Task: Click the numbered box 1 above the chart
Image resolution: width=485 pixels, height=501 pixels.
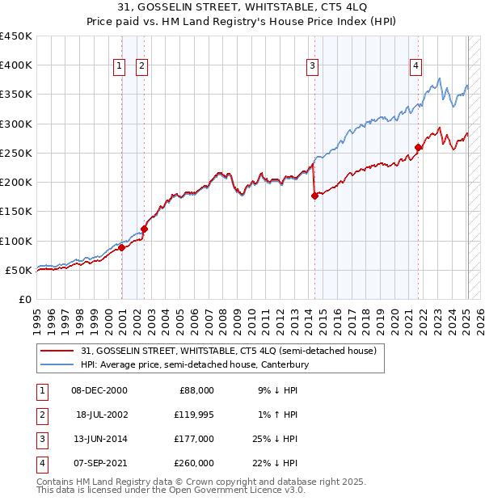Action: point(119,66)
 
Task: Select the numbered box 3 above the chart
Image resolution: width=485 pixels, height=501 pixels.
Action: point(312,66)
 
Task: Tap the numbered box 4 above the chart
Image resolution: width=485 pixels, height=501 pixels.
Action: point(415,66)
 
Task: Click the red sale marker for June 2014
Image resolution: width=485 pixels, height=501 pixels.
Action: point(314,196)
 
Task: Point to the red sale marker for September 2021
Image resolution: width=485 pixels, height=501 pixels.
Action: point(418,147)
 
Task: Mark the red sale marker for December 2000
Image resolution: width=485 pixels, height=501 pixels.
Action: point(121,248)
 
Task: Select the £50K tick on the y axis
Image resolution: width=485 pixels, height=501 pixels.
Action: point(19,270)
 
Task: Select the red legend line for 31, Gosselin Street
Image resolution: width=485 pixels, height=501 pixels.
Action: point(56,352)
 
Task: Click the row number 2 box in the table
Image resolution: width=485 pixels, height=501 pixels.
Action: point(40,415)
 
